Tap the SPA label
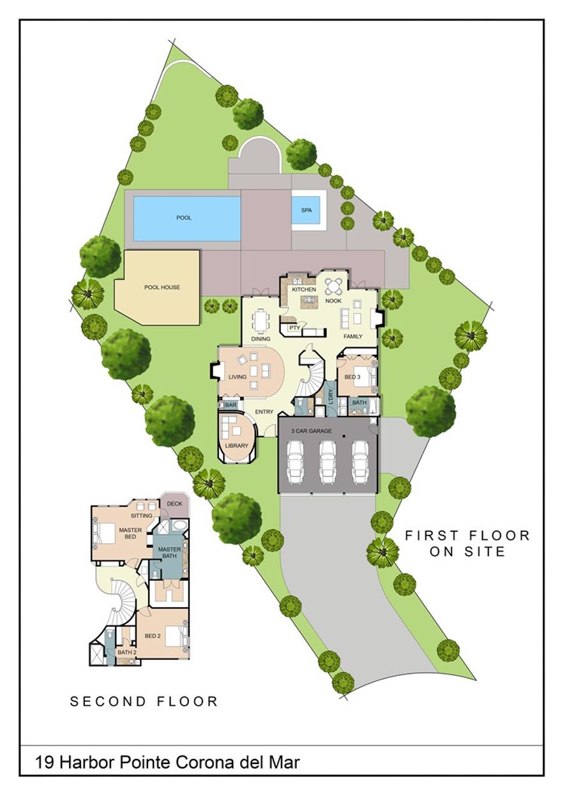[307, 210]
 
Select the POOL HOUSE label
[162, 287]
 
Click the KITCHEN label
[304, 290]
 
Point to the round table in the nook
[333, 285]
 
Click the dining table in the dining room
[261, 320]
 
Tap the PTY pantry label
[294, 328]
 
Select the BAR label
[231, 405]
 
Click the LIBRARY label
[236, 446]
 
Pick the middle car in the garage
[328, 460]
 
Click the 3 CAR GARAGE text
[311, 431]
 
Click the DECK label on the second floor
[174, 504]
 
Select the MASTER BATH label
[170, 553]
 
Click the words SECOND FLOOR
[144, 701]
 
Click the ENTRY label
[264, 412]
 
